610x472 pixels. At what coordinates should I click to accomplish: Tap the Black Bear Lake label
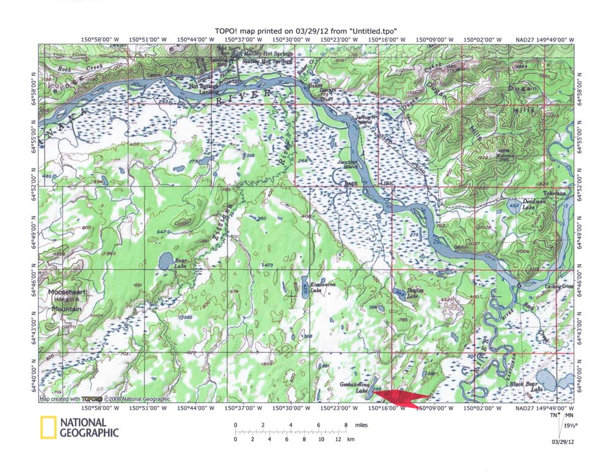pyautogui.click(x=526, y=387)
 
